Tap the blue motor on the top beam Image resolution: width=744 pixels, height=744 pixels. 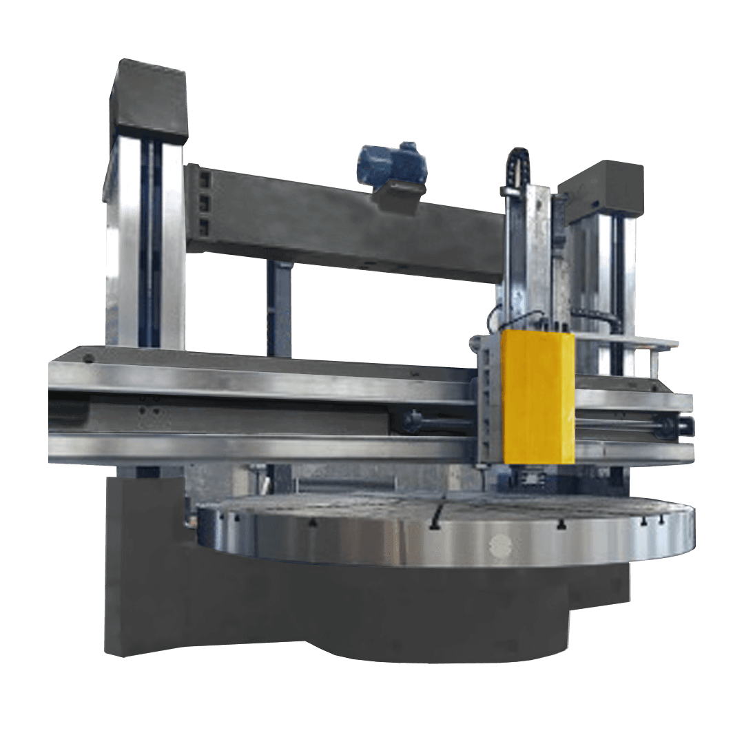pyautogui.click(x=389, y=163)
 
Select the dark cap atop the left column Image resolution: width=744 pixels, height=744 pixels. pyautogui.click(x=149, y=100)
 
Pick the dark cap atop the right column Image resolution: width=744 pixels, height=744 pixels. pyautogui.click(x=602, y=187)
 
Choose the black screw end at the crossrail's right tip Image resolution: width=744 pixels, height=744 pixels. pyautogui.click(x=685, y=426)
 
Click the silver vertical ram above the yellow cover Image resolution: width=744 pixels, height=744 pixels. pyautogui.click(x=527, y=255)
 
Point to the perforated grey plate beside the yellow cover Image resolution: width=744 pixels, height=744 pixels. pyautogui.click(x=488, y=400)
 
